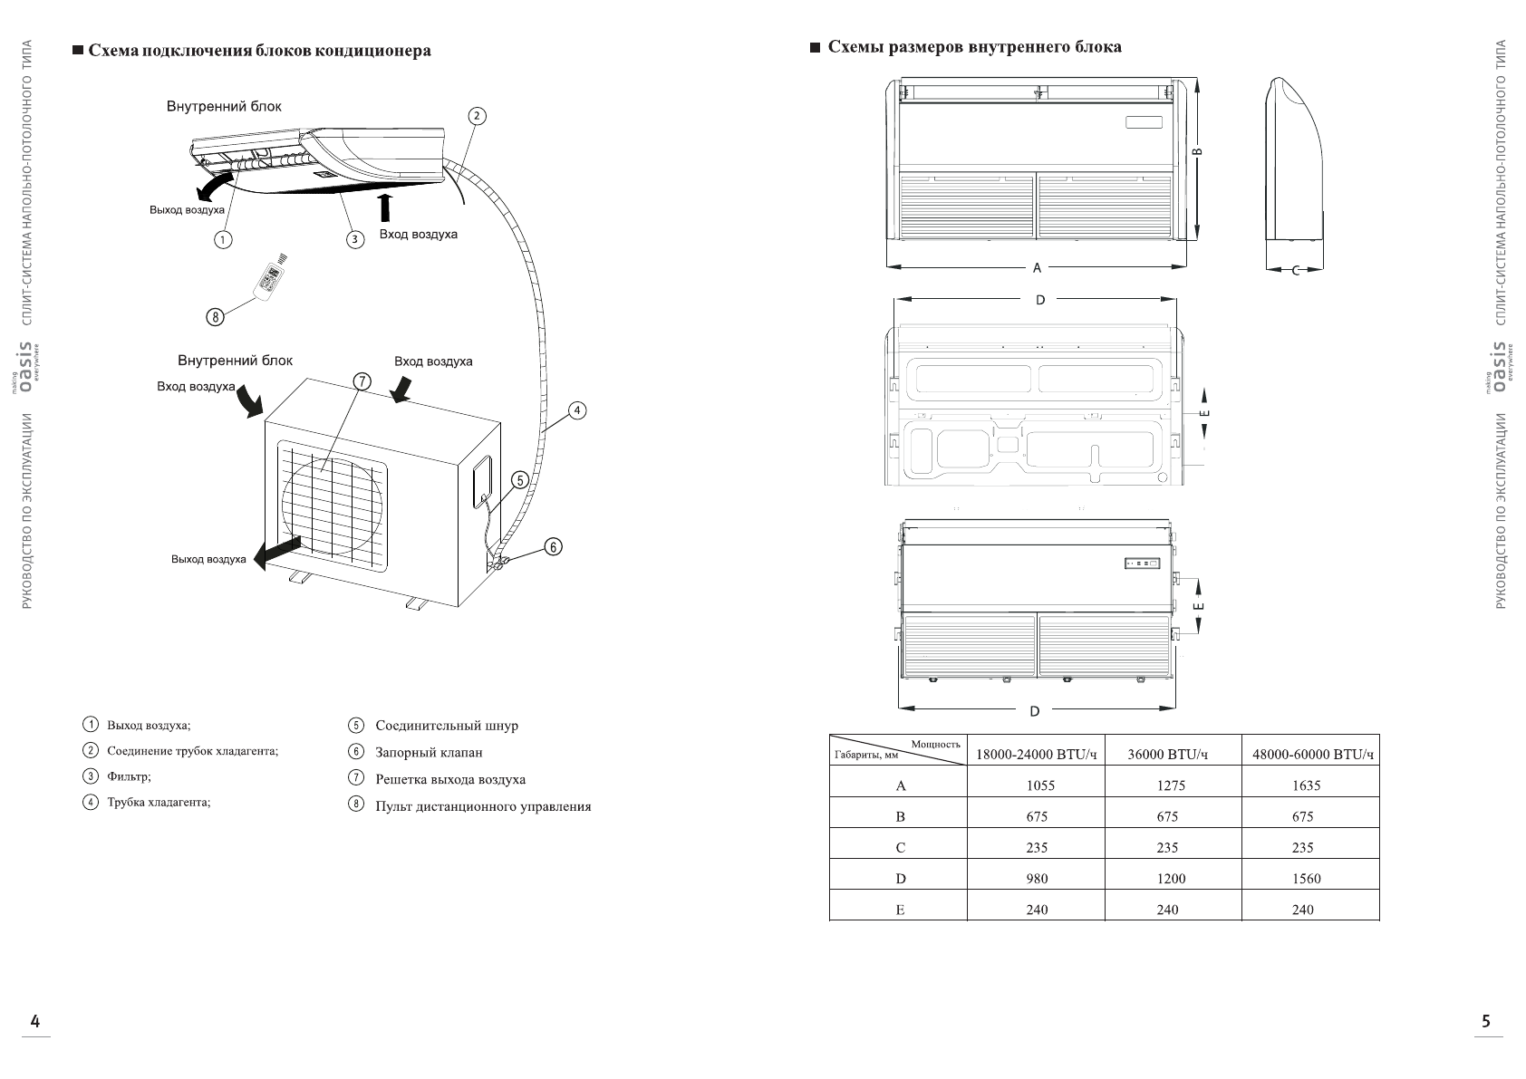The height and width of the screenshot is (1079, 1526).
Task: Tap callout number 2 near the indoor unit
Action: click(x=477, y=116)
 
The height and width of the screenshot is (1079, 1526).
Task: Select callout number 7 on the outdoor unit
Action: click(x=361, y=381)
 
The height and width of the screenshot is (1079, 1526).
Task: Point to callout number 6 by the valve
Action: click(x=554, y=546)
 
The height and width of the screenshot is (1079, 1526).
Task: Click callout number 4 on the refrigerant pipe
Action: click(x=576, y=410)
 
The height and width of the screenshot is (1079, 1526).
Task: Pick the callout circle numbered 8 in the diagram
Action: click(x=215, y=317)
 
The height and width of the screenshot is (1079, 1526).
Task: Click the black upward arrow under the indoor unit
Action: click(x=386, y=206)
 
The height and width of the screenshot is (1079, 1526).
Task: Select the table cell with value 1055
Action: click(x=1037, y=785)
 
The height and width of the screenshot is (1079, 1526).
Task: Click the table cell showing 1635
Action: click(x=1306, y=785)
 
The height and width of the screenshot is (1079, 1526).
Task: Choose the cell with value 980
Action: click(x=1037, y=878)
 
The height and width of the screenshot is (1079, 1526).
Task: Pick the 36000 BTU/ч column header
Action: click(x=1168, y=754)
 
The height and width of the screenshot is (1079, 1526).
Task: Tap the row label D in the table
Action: click(x=900, y=878)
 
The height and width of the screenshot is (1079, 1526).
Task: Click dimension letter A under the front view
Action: click(x=1038, y=267)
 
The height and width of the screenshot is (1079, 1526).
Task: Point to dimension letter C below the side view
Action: click(x=1295, y=270)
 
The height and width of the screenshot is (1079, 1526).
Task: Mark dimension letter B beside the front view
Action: click(x=1198, y=153)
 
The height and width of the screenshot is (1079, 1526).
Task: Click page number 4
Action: click(x=35, y=1022)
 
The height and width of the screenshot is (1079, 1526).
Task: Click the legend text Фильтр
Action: click(x=129, y=776)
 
